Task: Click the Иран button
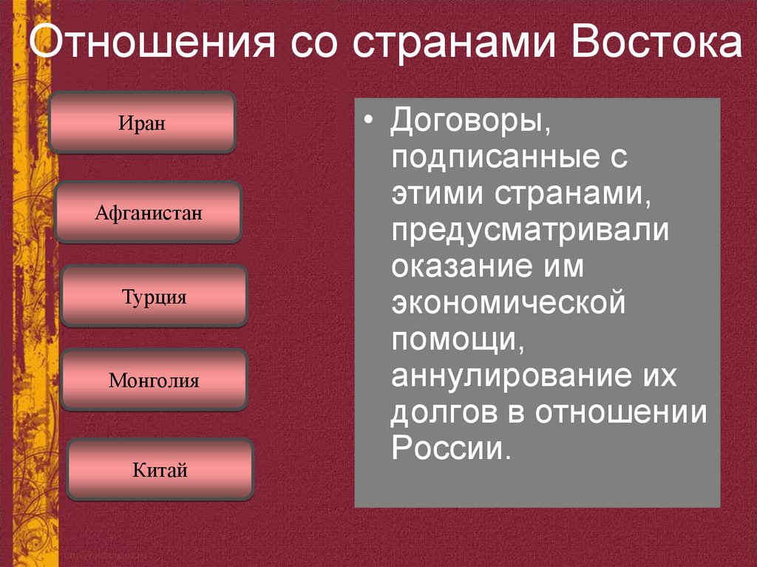[x=141, y=122]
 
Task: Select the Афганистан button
[x=148, y=213]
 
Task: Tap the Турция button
[x=154, y=296]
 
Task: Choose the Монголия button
[x=154, y=381]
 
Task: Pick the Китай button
[x=160, y=469]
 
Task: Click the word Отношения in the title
[x=144, y=46]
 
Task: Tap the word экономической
[x=509, y=302]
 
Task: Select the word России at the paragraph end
[x=448, y=448]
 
